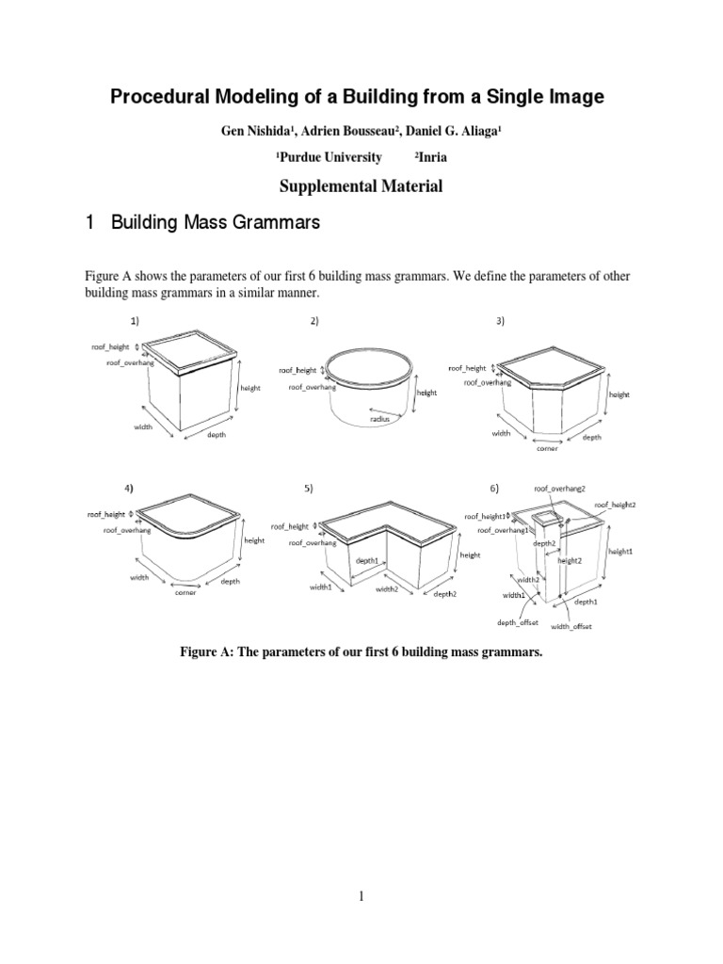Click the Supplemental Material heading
[361, 186]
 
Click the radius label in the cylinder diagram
[378, 421]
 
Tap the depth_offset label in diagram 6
[517, 622]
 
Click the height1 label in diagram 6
[621, 551]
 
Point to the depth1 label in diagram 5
[366, 561]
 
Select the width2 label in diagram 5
[387, 589]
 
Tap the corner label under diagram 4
[185, 594]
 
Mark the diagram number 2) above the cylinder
[313, 321]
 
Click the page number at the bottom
[361, 896]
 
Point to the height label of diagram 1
[250, 387]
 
